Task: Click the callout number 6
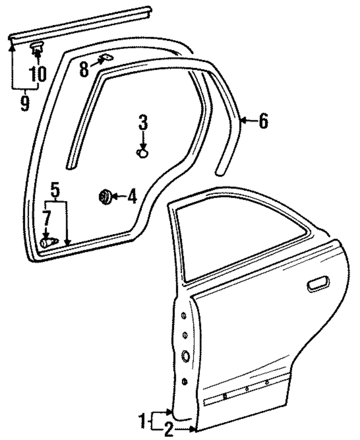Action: coord(263,121)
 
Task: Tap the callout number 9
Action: coord(24,102)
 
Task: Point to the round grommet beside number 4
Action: coord(105,197)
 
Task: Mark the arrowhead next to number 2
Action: coord(194,429)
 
